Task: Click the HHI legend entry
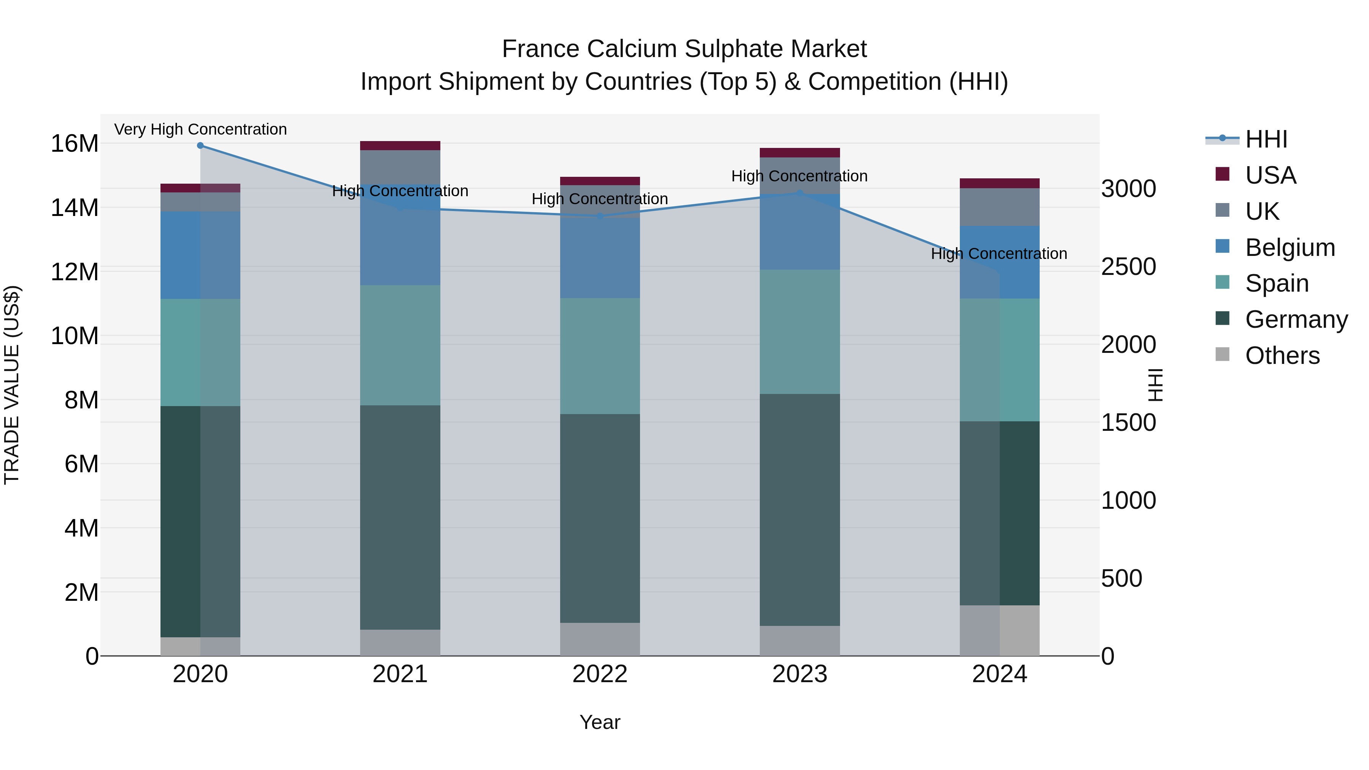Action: tap(1265, 139)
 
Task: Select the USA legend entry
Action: tap(1270, 175)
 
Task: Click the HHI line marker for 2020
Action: tap(200, 146)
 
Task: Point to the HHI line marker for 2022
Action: tap(600, 216)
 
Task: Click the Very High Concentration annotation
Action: tap(200, 129)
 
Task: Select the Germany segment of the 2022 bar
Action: tap(600, 518)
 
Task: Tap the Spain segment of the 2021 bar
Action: tap(400, 345)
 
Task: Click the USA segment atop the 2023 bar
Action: tap(800, 152)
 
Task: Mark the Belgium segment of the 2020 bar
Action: tap(200, 255)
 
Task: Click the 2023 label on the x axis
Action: tap(800, 674)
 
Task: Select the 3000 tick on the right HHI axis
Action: tap(1128, 189)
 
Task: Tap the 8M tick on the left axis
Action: tap(81, 400)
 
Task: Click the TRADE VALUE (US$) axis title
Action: tap(12, 385)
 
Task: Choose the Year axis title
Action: tap(600, 722)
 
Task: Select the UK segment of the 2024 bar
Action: tap(1000, 207)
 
